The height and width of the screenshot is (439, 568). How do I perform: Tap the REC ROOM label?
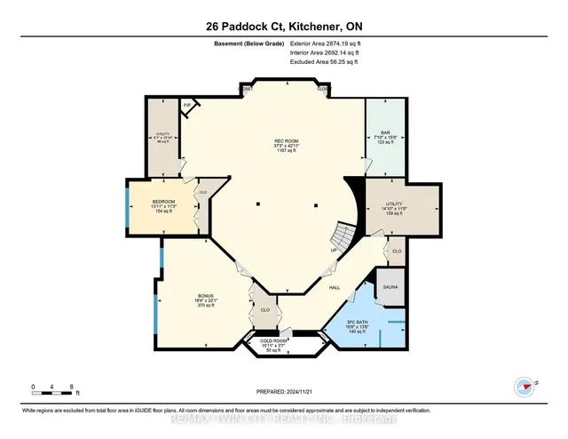[284, 140]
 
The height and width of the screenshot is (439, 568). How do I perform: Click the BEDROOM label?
[164, 202]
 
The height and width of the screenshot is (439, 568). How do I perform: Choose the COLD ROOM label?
[272, 341]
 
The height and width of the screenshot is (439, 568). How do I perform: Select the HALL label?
[335, 288]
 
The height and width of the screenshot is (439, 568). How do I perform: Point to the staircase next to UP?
[341, 236]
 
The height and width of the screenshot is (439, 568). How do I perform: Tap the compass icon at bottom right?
[526, 386]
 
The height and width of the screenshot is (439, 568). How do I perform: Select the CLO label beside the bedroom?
[203, 192]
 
